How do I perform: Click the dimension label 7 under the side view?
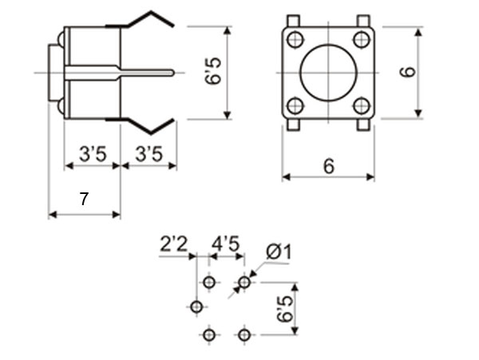[84, 200]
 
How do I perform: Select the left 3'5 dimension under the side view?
[93, 155]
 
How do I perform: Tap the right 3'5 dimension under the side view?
[148, 155]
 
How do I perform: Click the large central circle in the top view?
[328, 72]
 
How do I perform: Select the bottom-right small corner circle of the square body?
[362, 105]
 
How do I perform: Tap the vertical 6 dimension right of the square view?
[408, 72]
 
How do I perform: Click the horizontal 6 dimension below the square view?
[327, 165]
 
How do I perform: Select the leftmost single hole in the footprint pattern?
[196, 307]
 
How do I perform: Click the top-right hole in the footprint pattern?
[244, 282]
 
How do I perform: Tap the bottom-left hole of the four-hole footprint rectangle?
[209, 334]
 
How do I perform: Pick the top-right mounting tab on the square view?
[362, 22]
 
